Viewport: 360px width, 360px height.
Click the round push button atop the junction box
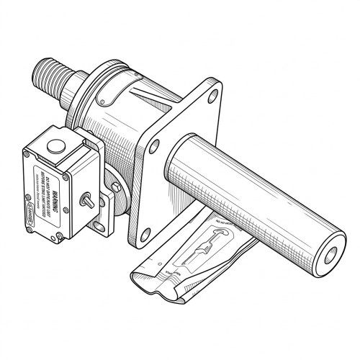[x=55, y=146]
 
